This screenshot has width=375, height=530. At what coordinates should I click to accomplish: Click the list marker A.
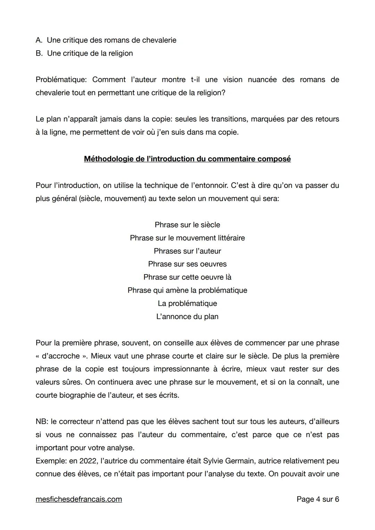39,40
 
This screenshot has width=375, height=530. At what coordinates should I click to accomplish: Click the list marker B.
39,53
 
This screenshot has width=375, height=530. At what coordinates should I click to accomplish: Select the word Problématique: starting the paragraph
61,80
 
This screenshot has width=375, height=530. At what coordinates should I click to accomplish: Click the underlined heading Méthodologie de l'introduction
187,159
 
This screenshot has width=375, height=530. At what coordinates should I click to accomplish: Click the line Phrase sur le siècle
187,225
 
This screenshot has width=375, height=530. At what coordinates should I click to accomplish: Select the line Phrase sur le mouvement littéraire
187,238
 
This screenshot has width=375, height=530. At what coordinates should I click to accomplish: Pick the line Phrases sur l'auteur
187,251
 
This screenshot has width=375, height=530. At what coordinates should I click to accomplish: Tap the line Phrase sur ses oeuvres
187,264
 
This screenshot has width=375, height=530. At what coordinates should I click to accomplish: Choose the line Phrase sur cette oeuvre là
187,277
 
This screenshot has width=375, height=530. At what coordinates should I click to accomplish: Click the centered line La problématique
187,304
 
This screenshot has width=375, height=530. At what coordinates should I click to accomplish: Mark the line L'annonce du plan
187,317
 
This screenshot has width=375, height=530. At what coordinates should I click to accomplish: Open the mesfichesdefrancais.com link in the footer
79,499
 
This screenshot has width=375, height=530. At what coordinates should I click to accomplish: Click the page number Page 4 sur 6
318,499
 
